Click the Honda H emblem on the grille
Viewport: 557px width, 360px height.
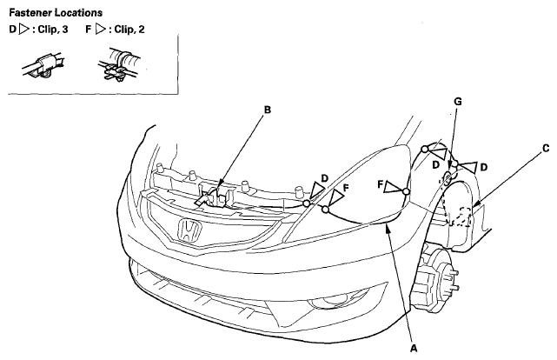[189, 230]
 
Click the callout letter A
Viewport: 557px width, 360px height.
[413, 349]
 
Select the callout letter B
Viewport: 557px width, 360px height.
[268, 110]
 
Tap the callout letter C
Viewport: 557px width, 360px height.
[546, 148]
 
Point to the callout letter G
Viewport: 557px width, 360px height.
[458, 102]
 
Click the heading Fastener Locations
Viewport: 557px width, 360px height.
[56, 13]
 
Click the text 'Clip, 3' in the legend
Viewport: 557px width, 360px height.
[53, 30]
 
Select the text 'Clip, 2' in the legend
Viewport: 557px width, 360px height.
[129, 30]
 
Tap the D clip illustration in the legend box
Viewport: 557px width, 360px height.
[44, 65]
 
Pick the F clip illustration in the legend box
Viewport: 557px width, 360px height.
[119, 64]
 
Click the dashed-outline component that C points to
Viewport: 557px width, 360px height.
[461, 217]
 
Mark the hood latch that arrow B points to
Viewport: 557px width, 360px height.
[214, 197]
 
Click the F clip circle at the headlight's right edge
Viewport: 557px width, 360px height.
[406, 192]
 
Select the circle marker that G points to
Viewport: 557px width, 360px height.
[448, 177]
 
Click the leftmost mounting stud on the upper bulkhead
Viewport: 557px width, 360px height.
[160, 168]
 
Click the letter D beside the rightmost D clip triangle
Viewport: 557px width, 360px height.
[483, 167]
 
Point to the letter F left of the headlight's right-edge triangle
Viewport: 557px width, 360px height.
[380, 185]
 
